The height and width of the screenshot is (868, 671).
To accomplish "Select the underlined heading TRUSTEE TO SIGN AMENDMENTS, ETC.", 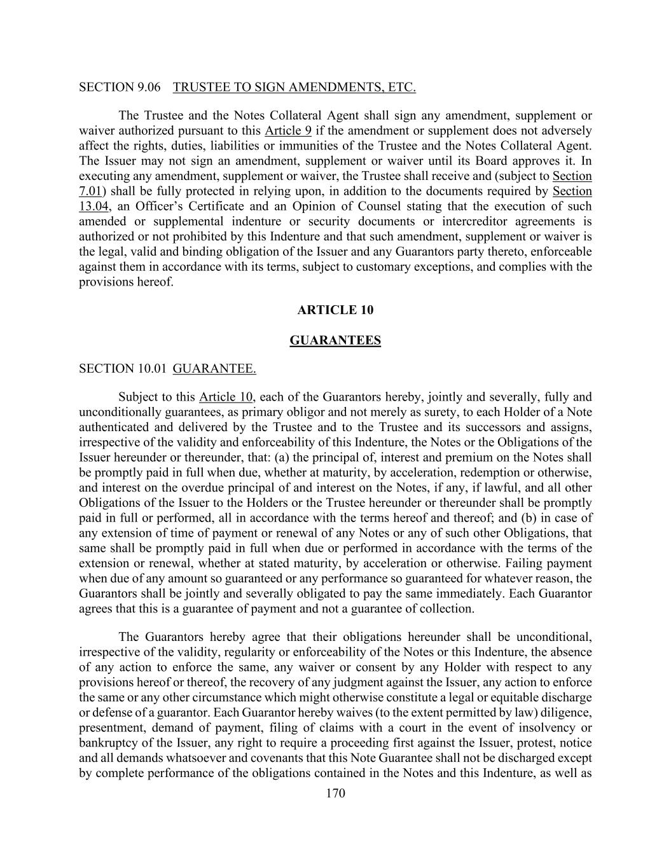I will pos(294,87).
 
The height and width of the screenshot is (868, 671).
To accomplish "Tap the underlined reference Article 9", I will pos(287,131).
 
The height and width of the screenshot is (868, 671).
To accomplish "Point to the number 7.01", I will pos(90,191).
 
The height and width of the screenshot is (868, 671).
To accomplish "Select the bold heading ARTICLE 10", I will pos(335,310).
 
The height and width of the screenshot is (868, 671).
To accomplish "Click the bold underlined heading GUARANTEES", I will pos(335,341).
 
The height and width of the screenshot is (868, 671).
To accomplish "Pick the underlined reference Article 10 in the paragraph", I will pos(226,397).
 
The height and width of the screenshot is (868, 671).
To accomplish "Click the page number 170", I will pos(335,793).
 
